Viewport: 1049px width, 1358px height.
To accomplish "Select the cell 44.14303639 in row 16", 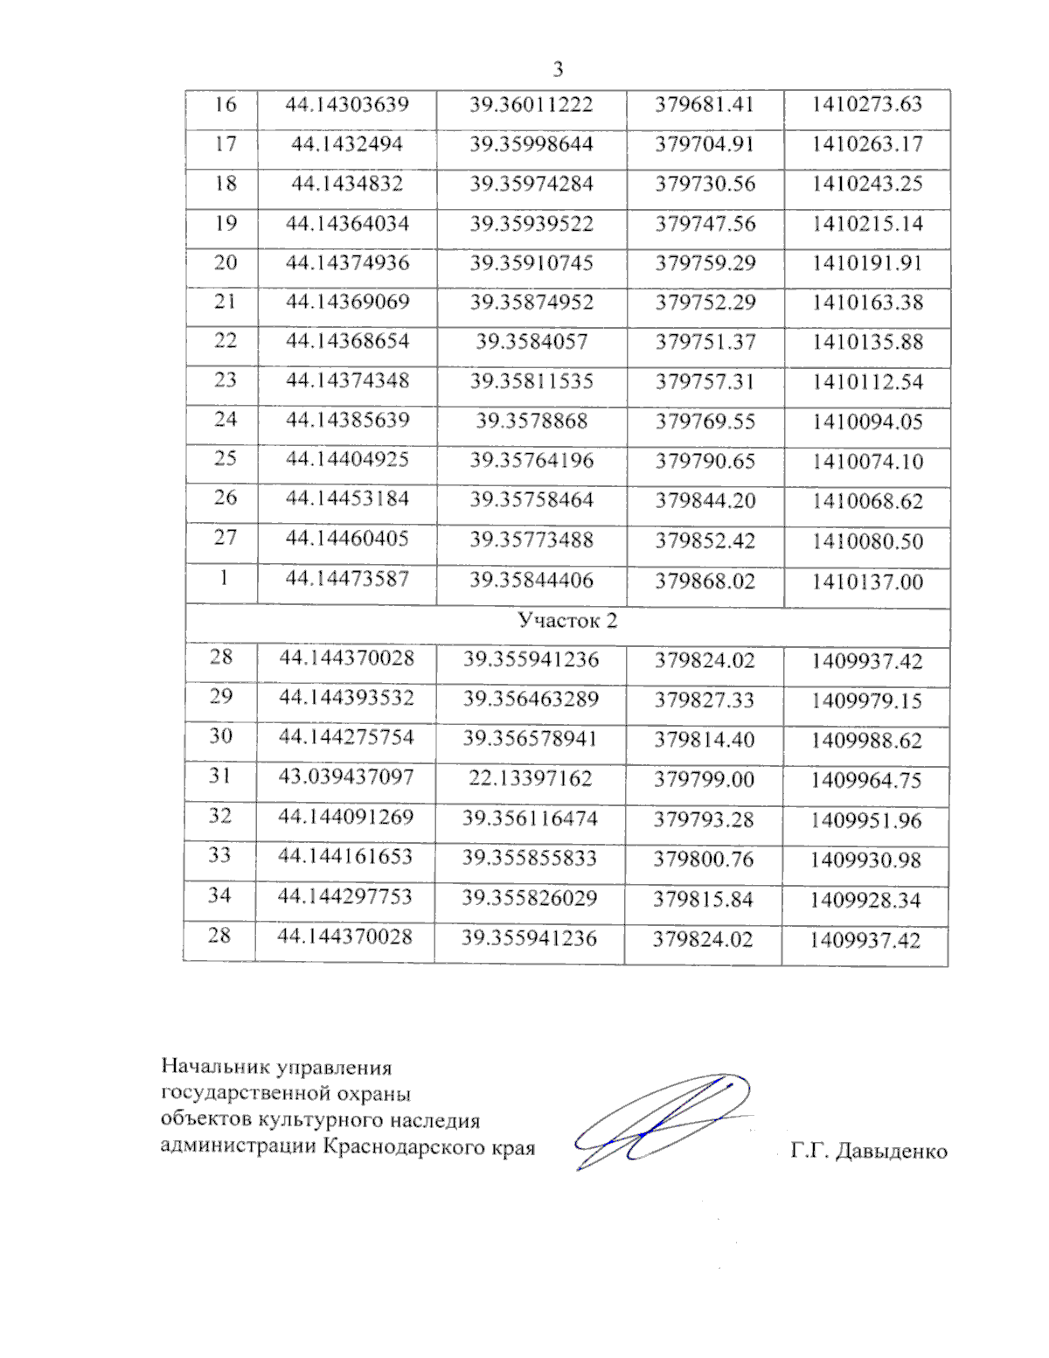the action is click(x=347, y=105).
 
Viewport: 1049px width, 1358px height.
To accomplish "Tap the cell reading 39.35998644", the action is click(x=531, y=144).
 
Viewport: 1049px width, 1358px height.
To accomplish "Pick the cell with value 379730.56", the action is click(x=705, y=185).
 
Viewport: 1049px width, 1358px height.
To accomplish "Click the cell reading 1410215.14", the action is click(x=866, y=224).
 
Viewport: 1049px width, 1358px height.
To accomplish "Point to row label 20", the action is click(x=226, y=262).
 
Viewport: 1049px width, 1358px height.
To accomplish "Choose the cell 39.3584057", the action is click(x=531, y=342).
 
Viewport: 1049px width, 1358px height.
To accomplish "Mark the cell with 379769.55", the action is click(x=705, y=421).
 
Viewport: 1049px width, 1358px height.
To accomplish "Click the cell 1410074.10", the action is click(x=866, y=462).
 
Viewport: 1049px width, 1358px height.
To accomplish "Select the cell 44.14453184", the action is click(x=347, y=498).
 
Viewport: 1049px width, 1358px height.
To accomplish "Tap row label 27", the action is click(x=226, y=537).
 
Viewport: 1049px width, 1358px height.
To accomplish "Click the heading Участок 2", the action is click(x=566, y=621).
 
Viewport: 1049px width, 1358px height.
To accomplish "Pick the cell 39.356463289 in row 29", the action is click(x=531, y=700).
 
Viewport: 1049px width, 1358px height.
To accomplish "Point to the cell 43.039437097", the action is click(x=346, y=776).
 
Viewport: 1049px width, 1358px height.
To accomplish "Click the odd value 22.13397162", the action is click(x=530, y=778).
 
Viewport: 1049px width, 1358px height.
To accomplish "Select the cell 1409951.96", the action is click(x=865, y=821).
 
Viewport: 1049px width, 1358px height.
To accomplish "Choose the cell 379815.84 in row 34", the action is click(x=704, y=900).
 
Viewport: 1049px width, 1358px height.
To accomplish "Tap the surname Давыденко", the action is click(x=891, y=1152).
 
